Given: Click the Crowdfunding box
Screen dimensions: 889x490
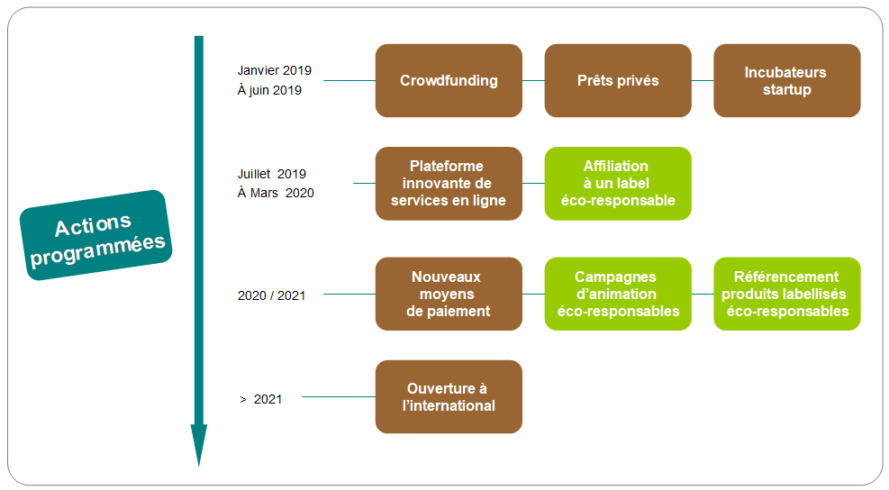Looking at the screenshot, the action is tap(449, 80).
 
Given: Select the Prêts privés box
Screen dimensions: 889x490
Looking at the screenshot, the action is tap(618, 80).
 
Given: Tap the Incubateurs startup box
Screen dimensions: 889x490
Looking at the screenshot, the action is tap(787, 80).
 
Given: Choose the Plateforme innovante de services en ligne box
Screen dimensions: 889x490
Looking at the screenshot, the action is tap(449, 183).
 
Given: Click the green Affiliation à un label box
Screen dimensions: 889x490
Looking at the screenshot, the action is tap(618, 183).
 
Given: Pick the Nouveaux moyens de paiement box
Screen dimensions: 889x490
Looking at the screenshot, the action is tap(449, 294).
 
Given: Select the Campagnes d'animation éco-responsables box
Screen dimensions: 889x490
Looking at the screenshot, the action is tap(618, 294).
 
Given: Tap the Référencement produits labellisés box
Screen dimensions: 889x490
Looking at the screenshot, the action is tap(787, 294).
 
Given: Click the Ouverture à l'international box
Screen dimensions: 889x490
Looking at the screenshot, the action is tap(449, 397).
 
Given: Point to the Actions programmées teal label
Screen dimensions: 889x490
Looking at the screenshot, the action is tap(95, 235).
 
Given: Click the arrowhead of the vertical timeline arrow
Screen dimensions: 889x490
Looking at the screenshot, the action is tap(198, 445).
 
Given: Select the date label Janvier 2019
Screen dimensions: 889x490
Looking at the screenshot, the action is tap(275, 70).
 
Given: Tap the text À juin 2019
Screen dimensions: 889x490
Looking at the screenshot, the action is tap(269, 90).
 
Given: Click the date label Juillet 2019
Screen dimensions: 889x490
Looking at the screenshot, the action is tap(272, 174).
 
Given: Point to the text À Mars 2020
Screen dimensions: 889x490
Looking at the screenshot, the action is tap(276, 193).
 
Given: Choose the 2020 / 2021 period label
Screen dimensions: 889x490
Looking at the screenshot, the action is tap(272, 295).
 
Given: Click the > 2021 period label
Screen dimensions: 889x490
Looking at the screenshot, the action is tap(261, 399).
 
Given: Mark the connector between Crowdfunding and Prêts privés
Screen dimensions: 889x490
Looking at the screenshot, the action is tap(533, 80).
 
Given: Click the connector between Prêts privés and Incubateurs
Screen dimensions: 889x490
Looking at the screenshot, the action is tap(703, 80).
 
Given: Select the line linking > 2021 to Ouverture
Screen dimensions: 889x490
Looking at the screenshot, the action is tap(339, 397).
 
